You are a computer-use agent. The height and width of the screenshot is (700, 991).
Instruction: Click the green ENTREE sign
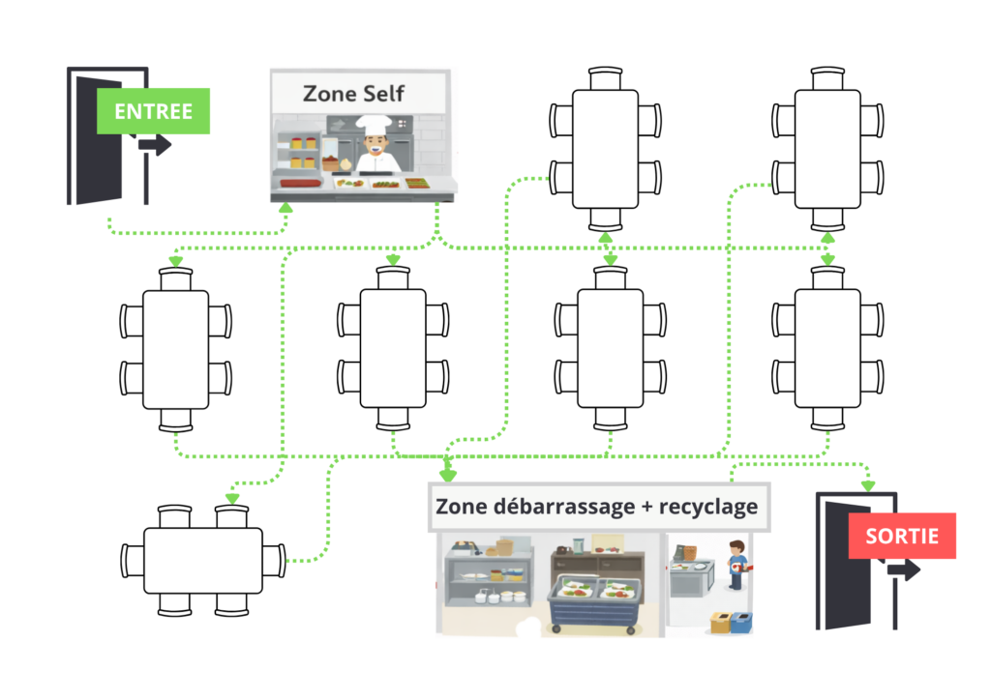tap(153, 110)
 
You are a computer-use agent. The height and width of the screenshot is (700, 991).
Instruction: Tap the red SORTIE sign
tap(901, 536)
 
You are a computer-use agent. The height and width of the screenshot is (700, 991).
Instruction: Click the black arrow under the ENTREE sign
tap(154, 145)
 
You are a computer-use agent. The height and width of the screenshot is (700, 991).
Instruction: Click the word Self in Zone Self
tap(382, 94)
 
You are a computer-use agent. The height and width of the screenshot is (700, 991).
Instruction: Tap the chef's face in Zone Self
tap(373, 146)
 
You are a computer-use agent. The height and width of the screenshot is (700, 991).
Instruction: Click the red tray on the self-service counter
tap(298, 183)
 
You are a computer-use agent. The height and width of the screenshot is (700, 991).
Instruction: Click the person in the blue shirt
tap(737, 565)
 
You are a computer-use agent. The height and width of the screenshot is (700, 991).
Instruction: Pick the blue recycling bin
tap(741, 622)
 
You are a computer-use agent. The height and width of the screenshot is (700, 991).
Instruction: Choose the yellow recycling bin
tap(720, 623)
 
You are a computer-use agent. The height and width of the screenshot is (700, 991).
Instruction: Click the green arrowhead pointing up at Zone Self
tap(285, 206)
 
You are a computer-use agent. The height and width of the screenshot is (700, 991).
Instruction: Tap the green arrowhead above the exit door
tap(868, 484)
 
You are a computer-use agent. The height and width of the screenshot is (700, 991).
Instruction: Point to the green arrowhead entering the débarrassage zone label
tap(447, 475)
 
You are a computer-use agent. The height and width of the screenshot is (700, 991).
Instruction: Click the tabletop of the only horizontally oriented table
tap(203, 560)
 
